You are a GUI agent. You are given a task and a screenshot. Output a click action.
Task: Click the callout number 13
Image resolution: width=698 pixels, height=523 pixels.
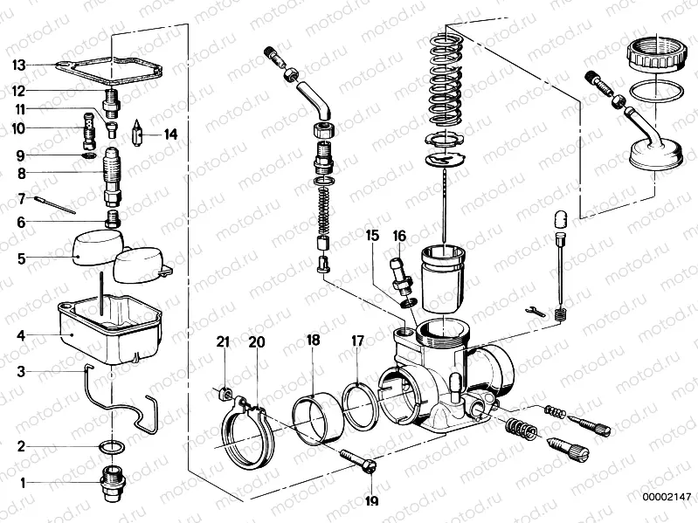pyautogui.click(x=19, y=65)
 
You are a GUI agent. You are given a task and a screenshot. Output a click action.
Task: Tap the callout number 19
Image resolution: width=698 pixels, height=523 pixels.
pyautogui.click(x=371, y=501)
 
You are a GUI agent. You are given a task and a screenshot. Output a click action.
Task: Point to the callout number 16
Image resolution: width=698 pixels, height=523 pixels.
pyautogui.click(x=399, y=235)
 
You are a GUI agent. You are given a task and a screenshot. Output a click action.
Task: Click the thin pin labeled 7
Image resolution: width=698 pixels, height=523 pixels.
pyautogui.click(x=58, y=204)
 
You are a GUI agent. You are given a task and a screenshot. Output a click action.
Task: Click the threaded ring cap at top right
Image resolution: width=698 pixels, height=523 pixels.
pyautogui.click(x=655, y=58)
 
